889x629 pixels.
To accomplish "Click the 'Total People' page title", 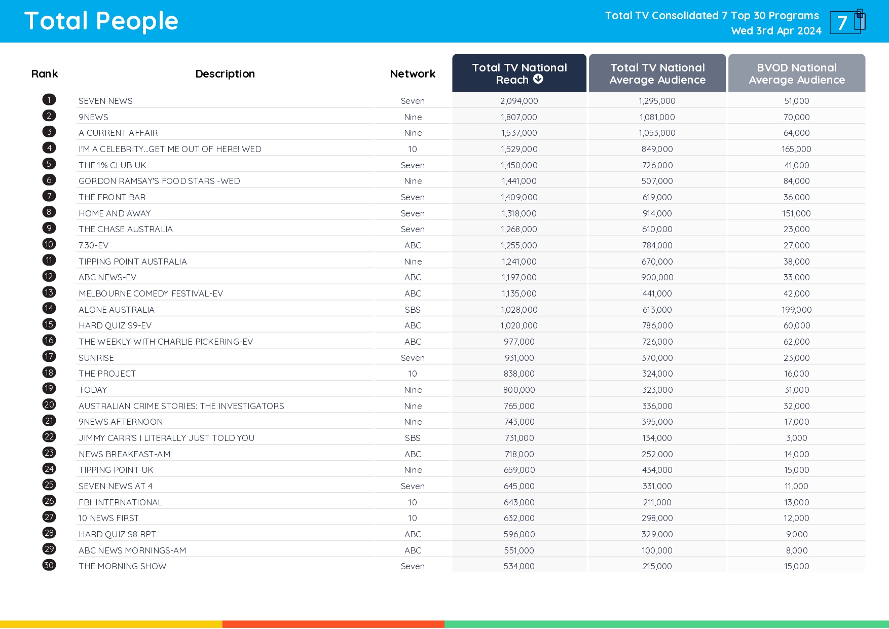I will click(x=101, y=21).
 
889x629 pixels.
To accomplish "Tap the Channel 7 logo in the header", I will click(x=847, y=22).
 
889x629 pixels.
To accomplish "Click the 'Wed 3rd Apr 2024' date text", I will click(x=776, y=31).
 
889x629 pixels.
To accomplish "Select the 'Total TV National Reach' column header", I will click(x=519, y=68).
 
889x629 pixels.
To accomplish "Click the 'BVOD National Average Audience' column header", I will click(x=796, y=73).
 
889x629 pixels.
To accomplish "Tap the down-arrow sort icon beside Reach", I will click(x=538, y=79).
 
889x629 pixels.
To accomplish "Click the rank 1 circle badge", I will click(x=49, y=100).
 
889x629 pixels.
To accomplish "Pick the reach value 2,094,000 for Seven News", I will click(x=519, y=101).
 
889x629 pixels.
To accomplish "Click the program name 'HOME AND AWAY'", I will click(x=115, y=213).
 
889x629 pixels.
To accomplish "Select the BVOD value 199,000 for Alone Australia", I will click(x=796, y=310).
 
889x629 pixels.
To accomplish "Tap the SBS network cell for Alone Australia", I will click(x=413, y=310).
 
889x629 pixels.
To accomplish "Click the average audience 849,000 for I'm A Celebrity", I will click(x=657, y=149).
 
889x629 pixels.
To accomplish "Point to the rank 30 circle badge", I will click(x=49, y=565).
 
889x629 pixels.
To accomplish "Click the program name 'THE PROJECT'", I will click(x=107, y=374).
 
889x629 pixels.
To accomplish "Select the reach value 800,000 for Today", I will click(x=519, y=390).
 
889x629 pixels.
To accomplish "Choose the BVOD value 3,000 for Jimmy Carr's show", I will click(x=796, y=438).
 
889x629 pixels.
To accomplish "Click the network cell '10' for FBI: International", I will click(x=413, y=502).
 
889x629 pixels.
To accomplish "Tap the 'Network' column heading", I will click(x=413, y=74).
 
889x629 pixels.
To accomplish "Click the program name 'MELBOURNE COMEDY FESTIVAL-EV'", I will click(x=151, y=293).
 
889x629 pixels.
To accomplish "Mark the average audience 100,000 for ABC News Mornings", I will click(x=657, y=550).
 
